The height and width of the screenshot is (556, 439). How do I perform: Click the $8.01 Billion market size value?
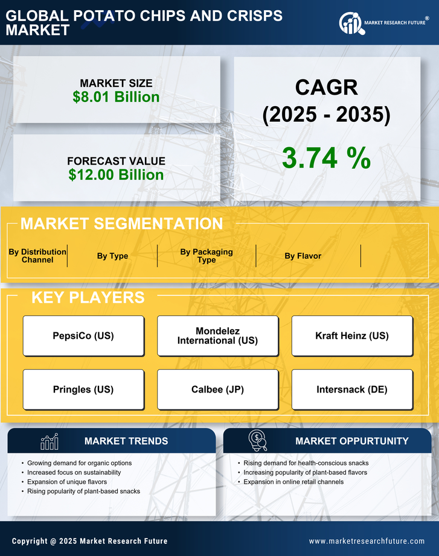tap(116, 97)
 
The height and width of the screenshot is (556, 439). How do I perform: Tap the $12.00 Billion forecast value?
tap(116, 175)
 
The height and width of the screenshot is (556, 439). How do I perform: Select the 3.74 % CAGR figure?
tap(326, 158)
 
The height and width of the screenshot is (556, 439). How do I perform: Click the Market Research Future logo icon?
tap(350, 23)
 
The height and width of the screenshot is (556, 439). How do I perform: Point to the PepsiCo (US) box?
tap(83, 336)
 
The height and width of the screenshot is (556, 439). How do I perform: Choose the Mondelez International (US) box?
tap(217, 336)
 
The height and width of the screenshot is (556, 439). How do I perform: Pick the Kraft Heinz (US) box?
tap(352, 336)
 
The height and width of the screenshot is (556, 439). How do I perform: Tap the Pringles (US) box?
tap(83, 390)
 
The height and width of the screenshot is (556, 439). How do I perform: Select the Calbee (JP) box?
tap(217, 390)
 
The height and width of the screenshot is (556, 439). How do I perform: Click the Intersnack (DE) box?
tap(352, 390)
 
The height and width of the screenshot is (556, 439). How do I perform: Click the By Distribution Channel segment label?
tap(37, 256)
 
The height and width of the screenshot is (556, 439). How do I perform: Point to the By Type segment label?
tap(112, 256)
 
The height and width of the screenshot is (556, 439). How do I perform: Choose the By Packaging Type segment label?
tap(207, 256)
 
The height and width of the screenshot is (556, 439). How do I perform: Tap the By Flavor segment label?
tap(303, 256)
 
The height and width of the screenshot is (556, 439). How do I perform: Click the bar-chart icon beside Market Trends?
tap(49, 441)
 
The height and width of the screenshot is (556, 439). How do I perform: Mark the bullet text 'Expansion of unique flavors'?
tap(67, 482)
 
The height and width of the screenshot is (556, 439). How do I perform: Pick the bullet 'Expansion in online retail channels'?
tap(293, 482)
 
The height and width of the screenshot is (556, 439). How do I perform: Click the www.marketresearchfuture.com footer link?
tap(367, 541)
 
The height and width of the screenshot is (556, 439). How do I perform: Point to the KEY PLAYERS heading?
tap(88, 297)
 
